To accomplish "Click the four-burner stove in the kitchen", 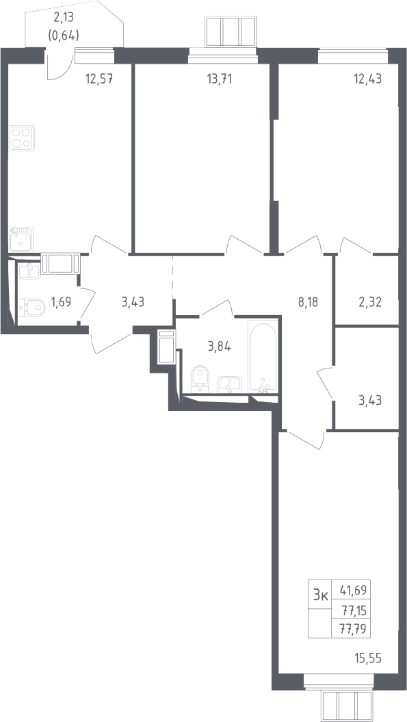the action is pos(21,138).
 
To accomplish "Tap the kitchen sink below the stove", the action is pos(21,240).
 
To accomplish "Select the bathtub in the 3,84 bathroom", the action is pos(263,356).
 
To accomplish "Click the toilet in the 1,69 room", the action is pos(31,307).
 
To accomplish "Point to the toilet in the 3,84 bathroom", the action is pos(200,379).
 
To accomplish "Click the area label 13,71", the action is pos(220,79).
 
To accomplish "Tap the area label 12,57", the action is pos(99,79).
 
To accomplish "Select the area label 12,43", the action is pos(367,79).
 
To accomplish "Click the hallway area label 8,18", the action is pos(308,303).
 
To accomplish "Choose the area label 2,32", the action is pos(370,303).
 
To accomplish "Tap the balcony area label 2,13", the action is pos(64,18).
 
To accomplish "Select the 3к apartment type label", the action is pos(320,595).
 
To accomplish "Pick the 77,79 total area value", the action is pos(354,629).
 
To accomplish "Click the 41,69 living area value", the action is pos(354,589).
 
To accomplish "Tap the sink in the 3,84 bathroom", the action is pos(229,384).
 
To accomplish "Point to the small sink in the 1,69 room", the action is pos(29,271).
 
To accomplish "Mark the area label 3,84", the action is pos(220,347).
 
